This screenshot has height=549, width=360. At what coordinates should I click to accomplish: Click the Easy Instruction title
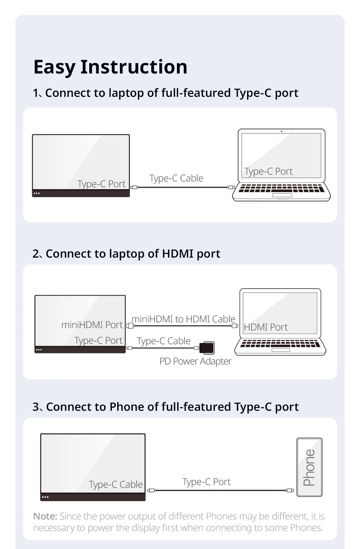click(110, 67)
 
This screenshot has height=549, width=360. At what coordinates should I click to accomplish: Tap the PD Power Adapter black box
click(207, 348)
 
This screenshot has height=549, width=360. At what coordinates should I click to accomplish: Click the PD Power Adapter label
click(195, 361)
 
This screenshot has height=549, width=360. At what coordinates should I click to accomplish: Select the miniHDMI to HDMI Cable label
click(183, 319)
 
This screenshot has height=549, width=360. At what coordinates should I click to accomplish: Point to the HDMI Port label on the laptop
click(265, 327)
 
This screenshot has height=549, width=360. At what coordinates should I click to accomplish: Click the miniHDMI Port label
click(92, 325)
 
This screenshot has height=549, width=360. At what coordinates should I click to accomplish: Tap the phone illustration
click(309, 467)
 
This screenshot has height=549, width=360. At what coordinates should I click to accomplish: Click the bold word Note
click(45, 516)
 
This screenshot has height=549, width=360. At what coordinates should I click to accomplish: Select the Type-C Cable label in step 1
click(176, 178)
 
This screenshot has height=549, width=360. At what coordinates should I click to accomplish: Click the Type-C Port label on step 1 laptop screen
click(268, 172)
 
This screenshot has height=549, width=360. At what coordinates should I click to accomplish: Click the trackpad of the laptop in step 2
click(281, 350)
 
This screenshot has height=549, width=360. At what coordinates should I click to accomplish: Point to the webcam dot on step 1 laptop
click(281, 131)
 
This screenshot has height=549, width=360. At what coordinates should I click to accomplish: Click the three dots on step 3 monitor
click(45, 497)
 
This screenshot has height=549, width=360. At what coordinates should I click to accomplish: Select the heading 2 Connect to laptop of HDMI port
click(126, 254)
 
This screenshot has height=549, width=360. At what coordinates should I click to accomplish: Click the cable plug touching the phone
click(290, 490)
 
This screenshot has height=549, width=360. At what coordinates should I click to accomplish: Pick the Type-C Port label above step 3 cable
click(206, 482)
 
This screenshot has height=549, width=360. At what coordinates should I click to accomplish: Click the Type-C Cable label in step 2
click(164, 341)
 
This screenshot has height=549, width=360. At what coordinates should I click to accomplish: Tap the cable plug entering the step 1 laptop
click(231, 188)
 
